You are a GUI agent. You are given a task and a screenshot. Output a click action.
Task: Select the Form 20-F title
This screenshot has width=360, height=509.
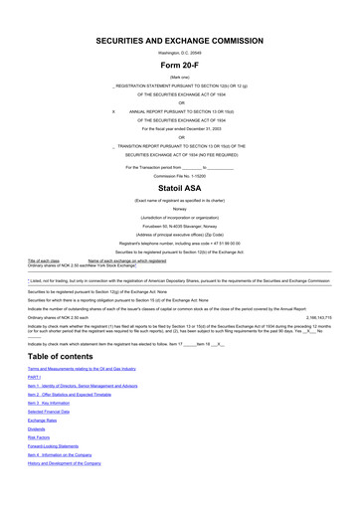click(179, 67)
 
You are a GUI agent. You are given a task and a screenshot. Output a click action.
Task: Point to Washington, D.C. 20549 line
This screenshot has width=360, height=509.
click(179, 53)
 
